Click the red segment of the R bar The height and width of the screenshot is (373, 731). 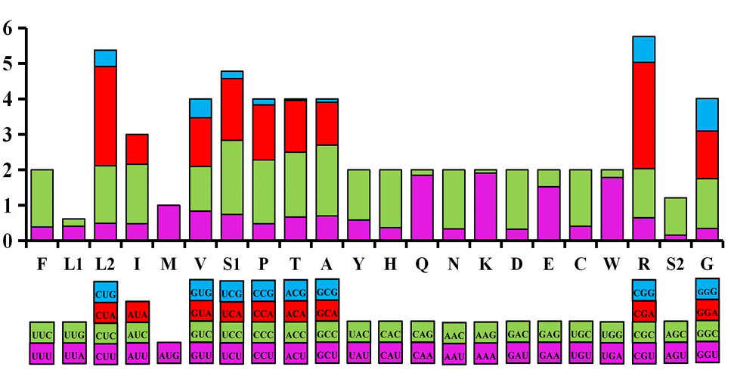[x=644, y=115]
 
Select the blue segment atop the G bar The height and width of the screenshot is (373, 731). [x=707, y=115]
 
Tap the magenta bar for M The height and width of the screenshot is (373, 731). [x=169, y=222]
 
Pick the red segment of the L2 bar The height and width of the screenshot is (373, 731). [x=105, y=116]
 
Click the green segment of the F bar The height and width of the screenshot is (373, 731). [x=42, y=198]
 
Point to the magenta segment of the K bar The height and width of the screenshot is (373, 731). [x=485, y=207]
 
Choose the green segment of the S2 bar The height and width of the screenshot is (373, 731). [x=675, y=216]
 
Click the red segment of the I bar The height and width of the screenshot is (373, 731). [x=137, y=149]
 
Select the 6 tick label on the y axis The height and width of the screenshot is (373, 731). [x=7, y=28]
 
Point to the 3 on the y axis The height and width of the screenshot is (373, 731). [x=7, y=135]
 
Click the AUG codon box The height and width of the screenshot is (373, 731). [x=169, y=353]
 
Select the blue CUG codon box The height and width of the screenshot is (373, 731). [x=105, y=292]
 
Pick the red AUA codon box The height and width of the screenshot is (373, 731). [x=137, y=312]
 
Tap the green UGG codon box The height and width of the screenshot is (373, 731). [x=612, y=332]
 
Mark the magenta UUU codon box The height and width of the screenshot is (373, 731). [x=42, y=353]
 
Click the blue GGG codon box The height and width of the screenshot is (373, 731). [x=707, y=289]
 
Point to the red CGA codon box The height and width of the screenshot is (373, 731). [x=644, y=312]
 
